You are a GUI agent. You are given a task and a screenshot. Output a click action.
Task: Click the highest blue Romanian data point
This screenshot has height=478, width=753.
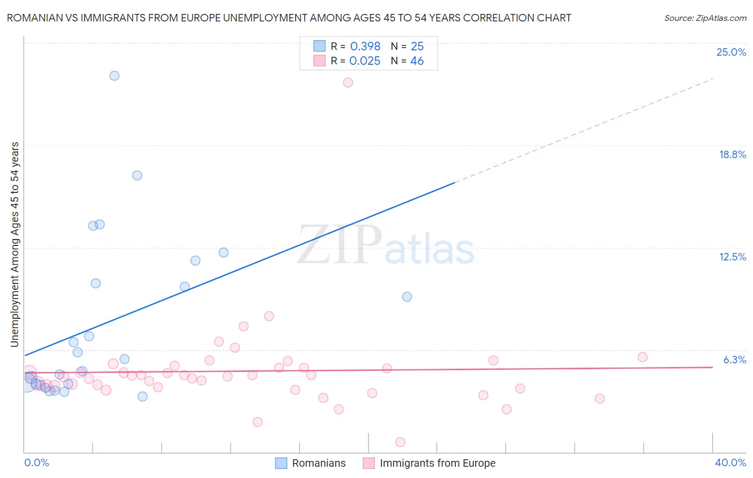[x=114, y=76]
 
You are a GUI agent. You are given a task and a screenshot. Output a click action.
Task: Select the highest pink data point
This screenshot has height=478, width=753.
[x=348, y=83]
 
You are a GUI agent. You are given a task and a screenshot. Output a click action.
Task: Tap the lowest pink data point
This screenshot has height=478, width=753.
[x=400, y=442]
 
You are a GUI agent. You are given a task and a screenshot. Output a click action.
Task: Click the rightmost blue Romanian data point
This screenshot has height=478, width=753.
[x=407, y=297]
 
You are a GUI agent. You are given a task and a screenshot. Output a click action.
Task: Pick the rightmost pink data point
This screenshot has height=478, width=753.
[x=643, y=357]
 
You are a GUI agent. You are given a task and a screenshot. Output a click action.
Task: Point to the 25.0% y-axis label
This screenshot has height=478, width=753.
[x=731, y=53]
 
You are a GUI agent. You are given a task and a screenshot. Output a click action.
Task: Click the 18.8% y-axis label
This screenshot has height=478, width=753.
[x=732, y=155]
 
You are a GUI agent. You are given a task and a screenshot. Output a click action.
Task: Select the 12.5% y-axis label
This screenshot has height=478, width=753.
[x=732, y=257]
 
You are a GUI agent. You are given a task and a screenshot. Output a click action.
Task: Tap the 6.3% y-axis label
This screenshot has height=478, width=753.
[x=734, y=360]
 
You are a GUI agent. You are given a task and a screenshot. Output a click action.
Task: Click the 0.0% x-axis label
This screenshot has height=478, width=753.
[x=36, y=463]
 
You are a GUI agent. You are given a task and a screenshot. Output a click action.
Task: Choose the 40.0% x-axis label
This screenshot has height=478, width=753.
[x=730, y=463]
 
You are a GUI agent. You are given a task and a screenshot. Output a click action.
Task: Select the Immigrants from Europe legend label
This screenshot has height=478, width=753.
[x=438, y=464]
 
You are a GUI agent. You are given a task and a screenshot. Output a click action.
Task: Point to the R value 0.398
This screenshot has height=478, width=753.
[x=365, y=47]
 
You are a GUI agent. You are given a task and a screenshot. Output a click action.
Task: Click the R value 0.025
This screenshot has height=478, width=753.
[x=365, y=61]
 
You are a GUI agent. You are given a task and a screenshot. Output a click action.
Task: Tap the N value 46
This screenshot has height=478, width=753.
[x=417, y=61]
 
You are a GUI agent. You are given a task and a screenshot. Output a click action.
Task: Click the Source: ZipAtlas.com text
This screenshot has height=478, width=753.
[x=705, y=18]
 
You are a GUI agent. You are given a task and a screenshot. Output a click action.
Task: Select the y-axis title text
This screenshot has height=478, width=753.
[x=15, y=244]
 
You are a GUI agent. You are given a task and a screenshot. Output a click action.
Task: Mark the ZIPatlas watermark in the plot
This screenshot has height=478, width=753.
[x=386, y=245]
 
